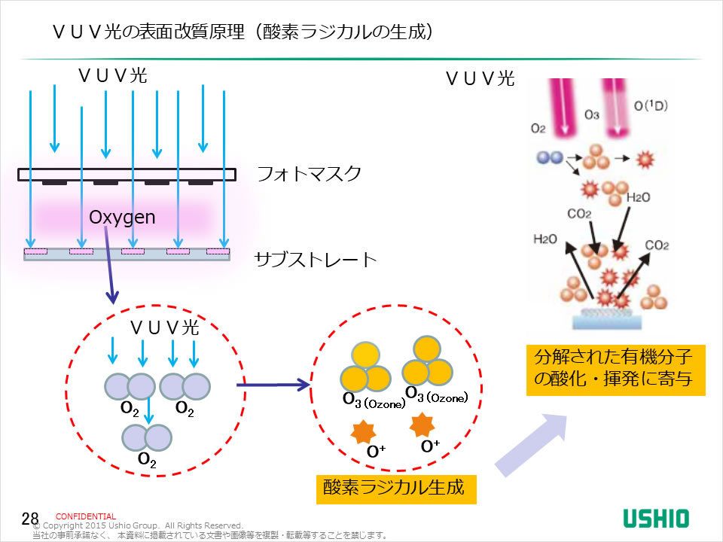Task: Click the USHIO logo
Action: [655, 518]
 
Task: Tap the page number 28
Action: [29, 518]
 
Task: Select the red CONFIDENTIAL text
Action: [86, 516]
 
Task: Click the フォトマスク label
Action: [309, 175]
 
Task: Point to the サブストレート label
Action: [315, 260]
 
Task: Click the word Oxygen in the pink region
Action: [122, 218]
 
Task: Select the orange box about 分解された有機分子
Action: [615, 368]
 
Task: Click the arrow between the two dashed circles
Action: [273, 386]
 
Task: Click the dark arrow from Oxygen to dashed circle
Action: [110, 266]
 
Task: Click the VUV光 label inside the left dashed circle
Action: [165, 327]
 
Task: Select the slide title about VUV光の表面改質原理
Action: [242, 32]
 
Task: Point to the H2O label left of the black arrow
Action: [545, 239]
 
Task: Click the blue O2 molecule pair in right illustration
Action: [550, 158]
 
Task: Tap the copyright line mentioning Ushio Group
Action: [143, 525]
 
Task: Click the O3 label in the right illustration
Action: [592, 115]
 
